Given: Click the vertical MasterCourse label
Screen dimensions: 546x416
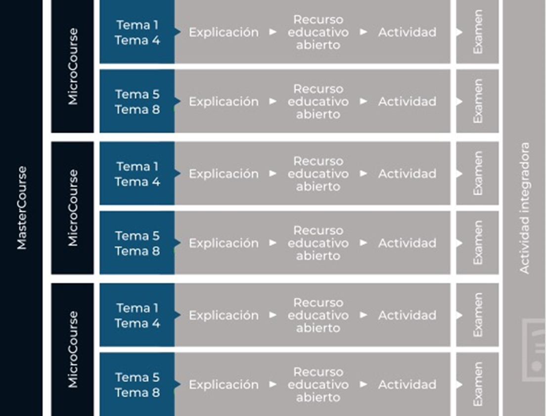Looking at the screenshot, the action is click(x=22, y=208).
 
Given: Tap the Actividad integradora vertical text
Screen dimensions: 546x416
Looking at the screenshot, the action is click(x=524, y=208).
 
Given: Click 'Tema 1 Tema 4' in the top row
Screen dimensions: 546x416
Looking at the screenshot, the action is click(x=137, y=32).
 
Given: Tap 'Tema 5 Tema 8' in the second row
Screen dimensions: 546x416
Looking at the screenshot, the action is click(x=137, y=102).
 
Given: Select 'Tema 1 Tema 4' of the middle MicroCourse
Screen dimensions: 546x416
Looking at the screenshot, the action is click(x=137, y=174).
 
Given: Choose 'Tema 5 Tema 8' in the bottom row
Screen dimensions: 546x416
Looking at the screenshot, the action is click(x=137, y=385).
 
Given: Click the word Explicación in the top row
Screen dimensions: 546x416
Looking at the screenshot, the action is click(x=224, y=32).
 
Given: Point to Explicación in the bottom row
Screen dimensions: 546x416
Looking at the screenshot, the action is click(x=224, y=385).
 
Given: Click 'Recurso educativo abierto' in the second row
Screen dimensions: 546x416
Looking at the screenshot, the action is click(x=318, y=102).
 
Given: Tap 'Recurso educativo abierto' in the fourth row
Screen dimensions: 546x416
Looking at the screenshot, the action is click(x=318, y=243).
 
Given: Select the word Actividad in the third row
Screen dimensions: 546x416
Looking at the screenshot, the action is click(x=407, y=173).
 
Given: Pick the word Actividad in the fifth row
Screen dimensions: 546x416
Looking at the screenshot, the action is click(x=407, y=315).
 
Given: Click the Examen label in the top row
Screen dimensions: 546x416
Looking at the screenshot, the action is click(x=478, y=32).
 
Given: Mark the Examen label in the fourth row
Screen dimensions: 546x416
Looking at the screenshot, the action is click(x=478, y=243).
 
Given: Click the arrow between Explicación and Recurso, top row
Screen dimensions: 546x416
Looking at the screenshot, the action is click(x=273, y=32).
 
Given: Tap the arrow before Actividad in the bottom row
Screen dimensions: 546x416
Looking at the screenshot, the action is click(x=364, y=384).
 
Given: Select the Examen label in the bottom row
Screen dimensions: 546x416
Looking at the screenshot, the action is click(x=478, y=384).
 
